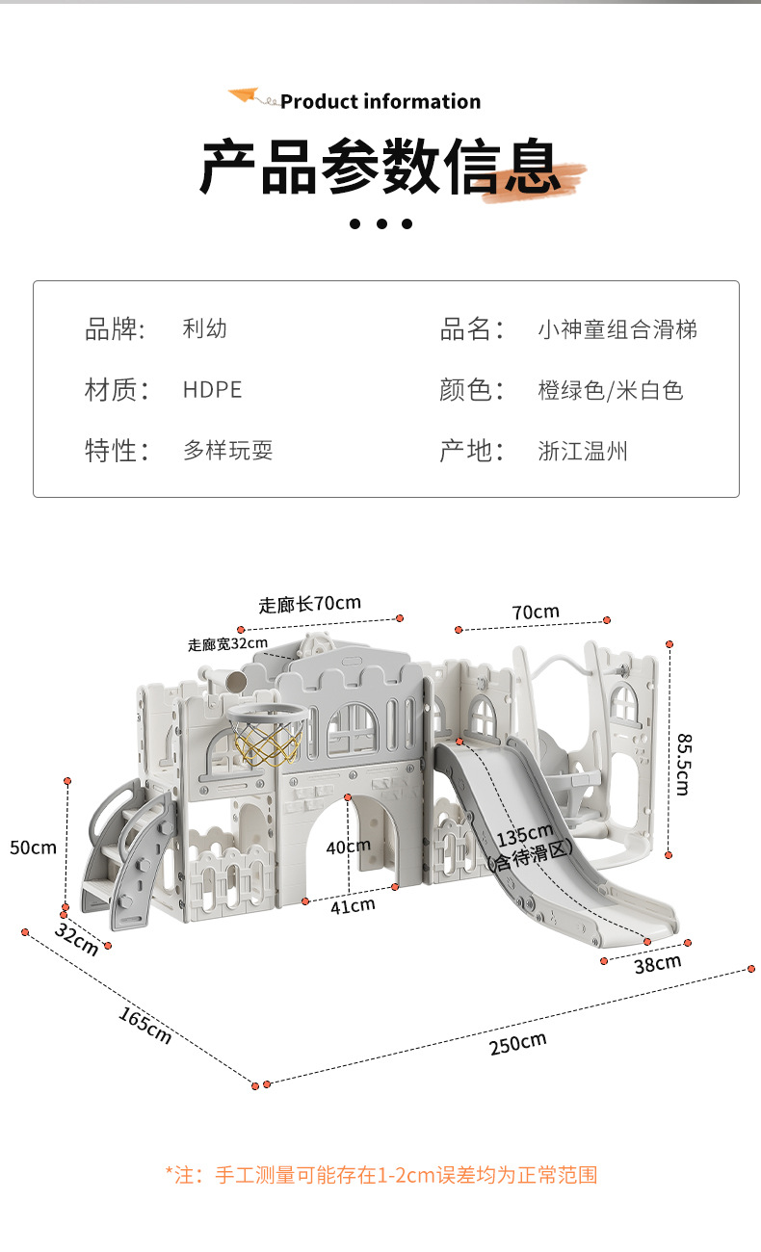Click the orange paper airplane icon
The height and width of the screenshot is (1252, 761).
(x=245, y=96)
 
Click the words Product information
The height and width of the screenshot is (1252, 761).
(x=380, y=101)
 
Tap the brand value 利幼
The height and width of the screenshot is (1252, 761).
(x=204, y=328)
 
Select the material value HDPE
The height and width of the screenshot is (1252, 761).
(x=212, y=389)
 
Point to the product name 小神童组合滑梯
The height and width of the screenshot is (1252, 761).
(x=617, y=329)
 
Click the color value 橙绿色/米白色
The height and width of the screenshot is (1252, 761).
(x=610, y=390)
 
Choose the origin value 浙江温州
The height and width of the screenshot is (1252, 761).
(x=582, y=450)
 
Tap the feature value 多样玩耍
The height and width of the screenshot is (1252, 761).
(x=227, y=450)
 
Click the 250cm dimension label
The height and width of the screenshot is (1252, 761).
(x=517, y=1043)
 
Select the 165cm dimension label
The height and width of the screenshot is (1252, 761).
(x=144, y=1026)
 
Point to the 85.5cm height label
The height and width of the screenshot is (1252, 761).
(x=682, y=764)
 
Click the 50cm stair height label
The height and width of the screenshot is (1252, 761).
(x=33, y=848)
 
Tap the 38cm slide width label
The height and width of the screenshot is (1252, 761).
(x=657, y=963)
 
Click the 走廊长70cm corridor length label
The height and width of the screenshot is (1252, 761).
(x=309, y=604)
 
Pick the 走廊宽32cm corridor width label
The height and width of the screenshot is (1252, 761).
(x=227, y=644)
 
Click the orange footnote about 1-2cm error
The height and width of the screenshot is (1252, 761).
(x=381, y=1174)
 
